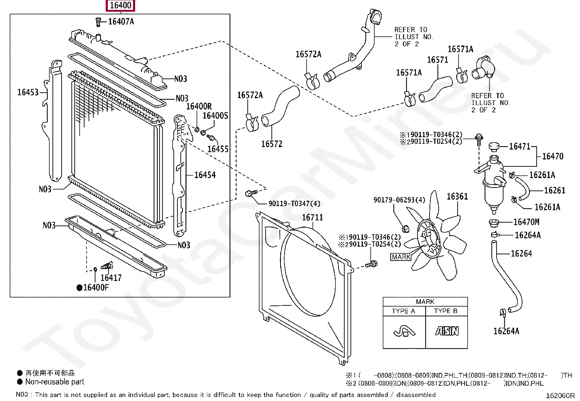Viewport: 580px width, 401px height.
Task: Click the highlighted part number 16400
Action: click(121, 5)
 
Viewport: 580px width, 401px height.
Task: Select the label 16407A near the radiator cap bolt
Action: click(121, 22)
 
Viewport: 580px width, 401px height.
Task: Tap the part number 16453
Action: click(28, 92)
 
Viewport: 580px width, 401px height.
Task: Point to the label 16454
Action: click(205, 175)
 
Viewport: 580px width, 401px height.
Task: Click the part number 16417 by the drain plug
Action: click(111, 278)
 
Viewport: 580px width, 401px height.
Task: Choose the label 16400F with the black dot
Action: click(95, 288)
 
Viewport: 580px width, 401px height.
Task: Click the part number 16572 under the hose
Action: click(271, 144)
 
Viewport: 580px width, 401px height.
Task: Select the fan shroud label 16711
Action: click(312, 217)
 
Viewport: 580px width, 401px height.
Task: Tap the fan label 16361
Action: click(457, 197)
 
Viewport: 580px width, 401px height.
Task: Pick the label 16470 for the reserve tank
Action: click(552, 157)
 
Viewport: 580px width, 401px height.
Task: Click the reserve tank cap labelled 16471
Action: click(520, 146)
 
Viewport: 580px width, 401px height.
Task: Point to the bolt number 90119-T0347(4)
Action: click(294, 204)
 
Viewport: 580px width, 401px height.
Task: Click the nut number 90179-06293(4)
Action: click(399, 200)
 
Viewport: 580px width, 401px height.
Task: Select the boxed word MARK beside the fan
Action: click(401, 257)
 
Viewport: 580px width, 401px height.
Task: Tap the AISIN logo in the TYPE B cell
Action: click(447, 331)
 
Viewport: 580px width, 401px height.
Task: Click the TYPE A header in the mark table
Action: click(403, 311)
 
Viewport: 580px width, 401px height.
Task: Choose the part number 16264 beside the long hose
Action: click(521, 254)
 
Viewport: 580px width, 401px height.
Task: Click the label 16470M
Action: click(526, 222)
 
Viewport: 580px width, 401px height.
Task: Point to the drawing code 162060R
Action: click(560, 396)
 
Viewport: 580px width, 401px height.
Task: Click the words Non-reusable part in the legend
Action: click(55, 382)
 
